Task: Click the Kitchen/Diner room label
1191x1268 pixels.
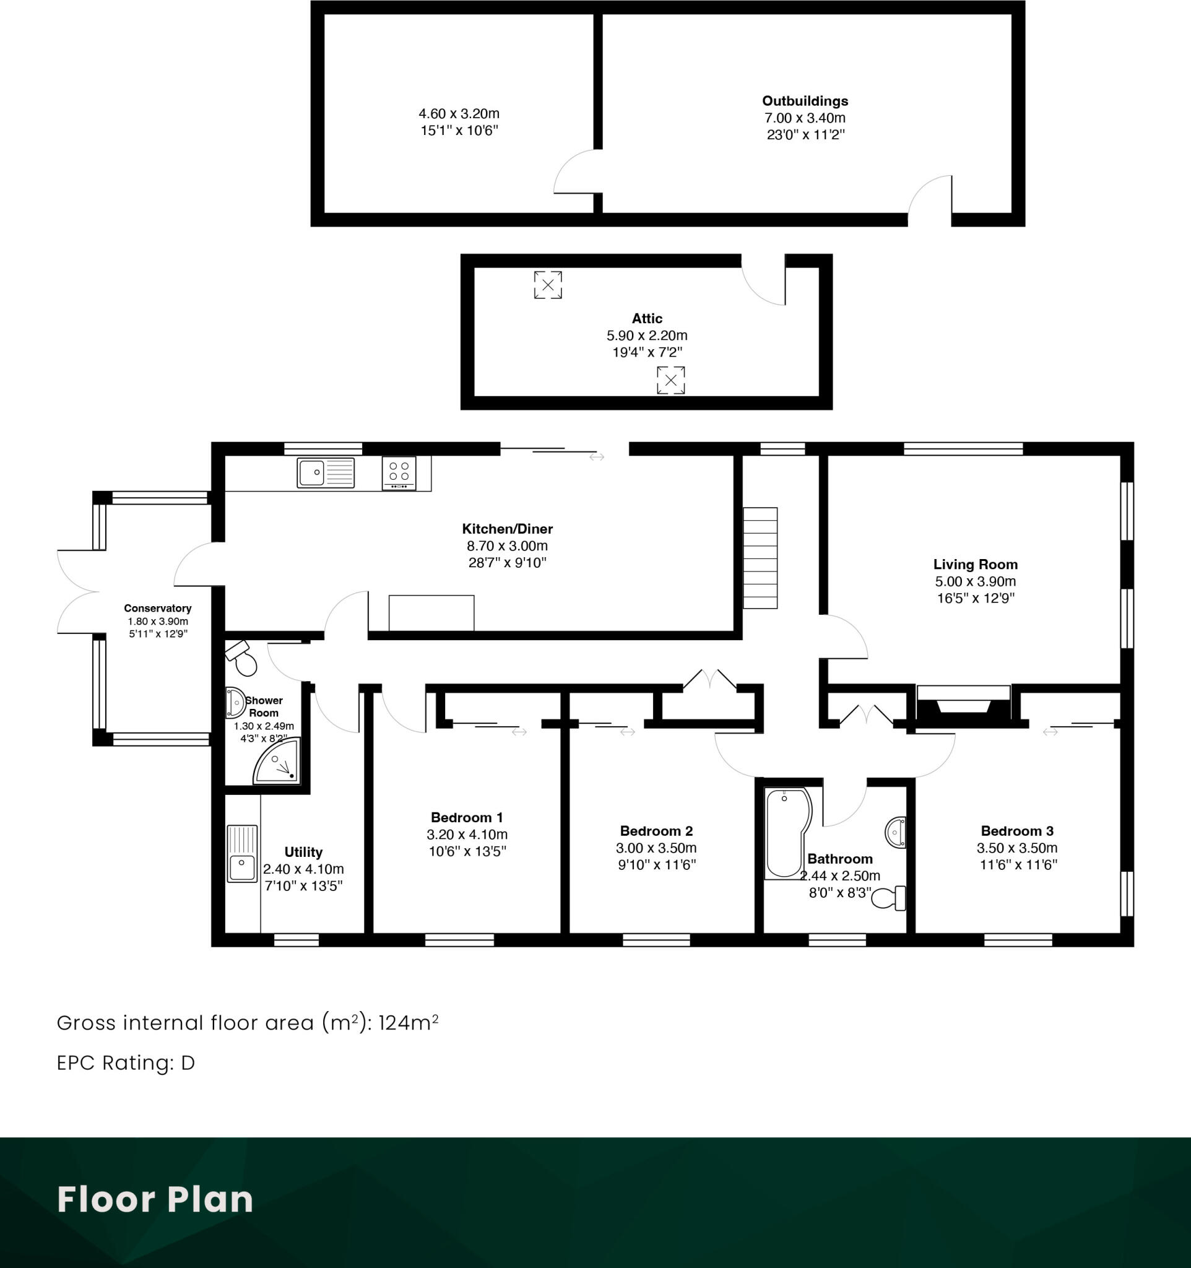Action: click(x=507, y=529)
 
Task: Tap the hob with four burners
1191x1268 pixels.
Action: click(x=399, y=472)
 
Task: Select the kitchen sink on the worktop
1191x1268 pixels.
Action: click(x=325, y=472)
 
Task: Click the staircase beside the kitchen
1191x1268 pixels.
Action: click(x=760, y=558)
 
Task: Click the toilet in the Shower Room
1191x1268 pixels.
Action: click(x=241, y=658)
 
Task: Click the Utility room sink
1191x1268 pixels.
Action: click(x=242, y=854)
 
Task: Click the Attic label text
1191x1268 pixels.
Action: click(x=646, y=318)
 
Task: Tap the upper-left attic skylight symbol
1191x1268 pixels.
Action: click(x=548, y=284)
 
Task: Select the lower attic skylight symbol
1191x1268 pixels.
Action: click(x=671, y=380)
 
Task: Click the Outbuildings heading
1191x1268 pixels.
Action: click(x=805, y=101)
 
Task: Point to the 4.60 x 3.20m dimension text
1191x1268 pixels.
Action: click(x=459, y=113)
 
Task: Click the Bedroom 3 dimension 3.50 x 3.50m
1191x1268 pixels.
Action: click(x=1017, y=848)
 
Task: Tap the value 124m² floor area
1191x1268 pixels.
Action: click(x=408, y=1023)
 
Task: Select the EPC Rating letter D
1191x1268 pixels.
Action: click(x=188, y=1063)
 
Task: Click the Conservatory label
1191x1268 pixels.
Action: click(x=157, y=609)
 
